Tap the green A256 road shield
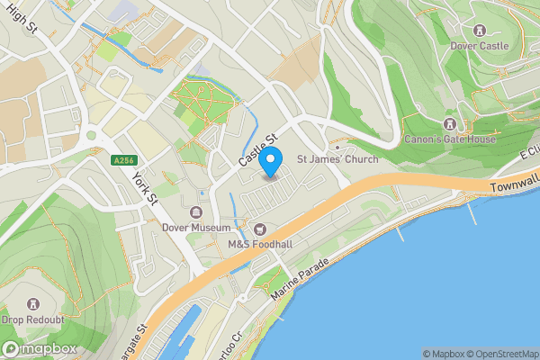[124, 160]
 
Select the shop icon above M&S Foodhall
[261, 228]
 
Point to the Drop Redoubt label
[34, 320]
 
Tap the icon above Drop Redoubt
[34, 304]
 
